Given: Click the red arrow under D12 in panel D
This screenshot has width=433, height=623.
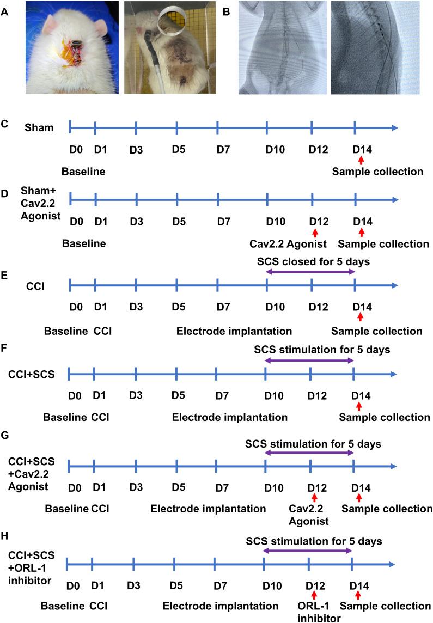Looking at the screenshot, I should (314, 233).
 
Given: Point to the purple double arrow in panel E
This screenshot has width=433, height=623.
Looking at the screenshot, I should (310, 272).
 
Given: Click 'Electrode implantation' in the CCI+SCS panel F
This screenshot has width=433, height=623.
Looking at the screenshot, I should (229, 418).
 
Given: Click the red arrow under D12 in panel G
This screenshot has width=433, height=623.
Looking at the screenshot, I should (314, 498).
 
